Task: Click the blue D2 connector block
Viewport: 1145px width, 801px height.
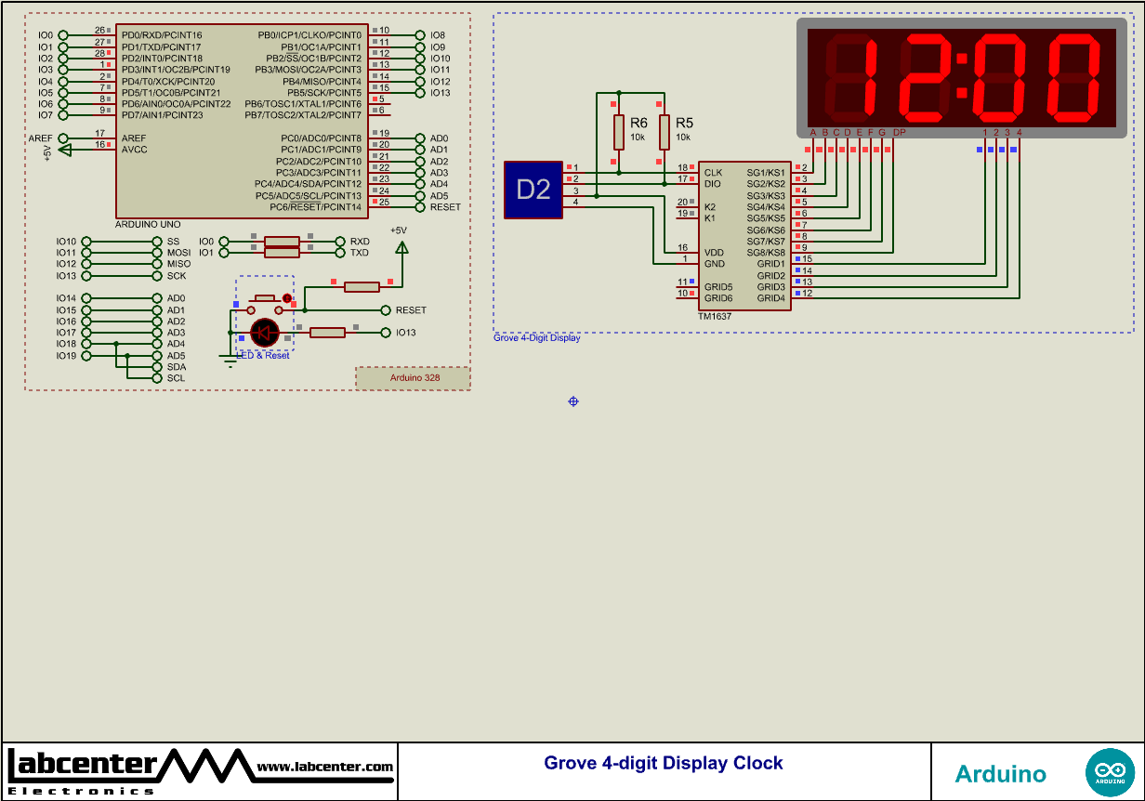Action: pos(533,190)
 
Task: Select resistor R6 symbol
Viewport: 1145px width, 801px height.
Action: pos(618,132)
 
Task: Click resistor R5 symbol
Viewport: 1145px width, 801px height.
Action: pos(665,132)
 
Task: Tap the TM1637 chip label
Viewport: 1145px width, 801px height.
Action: pos(715,317)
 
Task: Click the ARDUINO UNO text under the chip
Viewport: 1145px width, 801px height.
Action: pos(148,225)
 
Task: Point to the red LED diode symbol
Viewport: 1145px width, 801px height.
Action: pos(265,332)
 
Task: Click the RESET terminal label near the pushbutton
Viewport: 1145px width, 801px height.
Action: pos(411,310)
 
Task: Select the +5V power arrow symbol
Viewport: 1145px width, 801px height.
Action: pos(401,247)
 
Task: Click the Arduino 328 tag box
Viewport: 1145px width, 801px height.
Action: pos(414,378)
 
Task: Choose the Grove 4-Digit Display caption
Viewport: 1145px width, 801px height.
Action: pos(536,338)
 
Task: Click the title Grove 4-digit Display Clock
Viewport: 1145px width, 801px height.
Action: pos(664,764)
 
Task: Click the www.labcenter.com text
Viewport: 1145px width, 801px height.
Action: pos(324,767)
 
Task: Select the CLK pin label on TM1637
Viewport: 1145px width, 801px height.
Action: pos(713,173)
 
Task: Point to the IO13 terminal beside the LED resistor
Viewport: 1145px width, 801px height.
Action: pos(405,333)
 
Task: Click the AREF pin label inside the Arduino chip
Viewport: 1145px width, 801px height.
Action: pos(133,138)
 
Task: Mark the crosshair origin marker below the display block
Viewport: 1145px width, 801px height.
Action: pos(573,401)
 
